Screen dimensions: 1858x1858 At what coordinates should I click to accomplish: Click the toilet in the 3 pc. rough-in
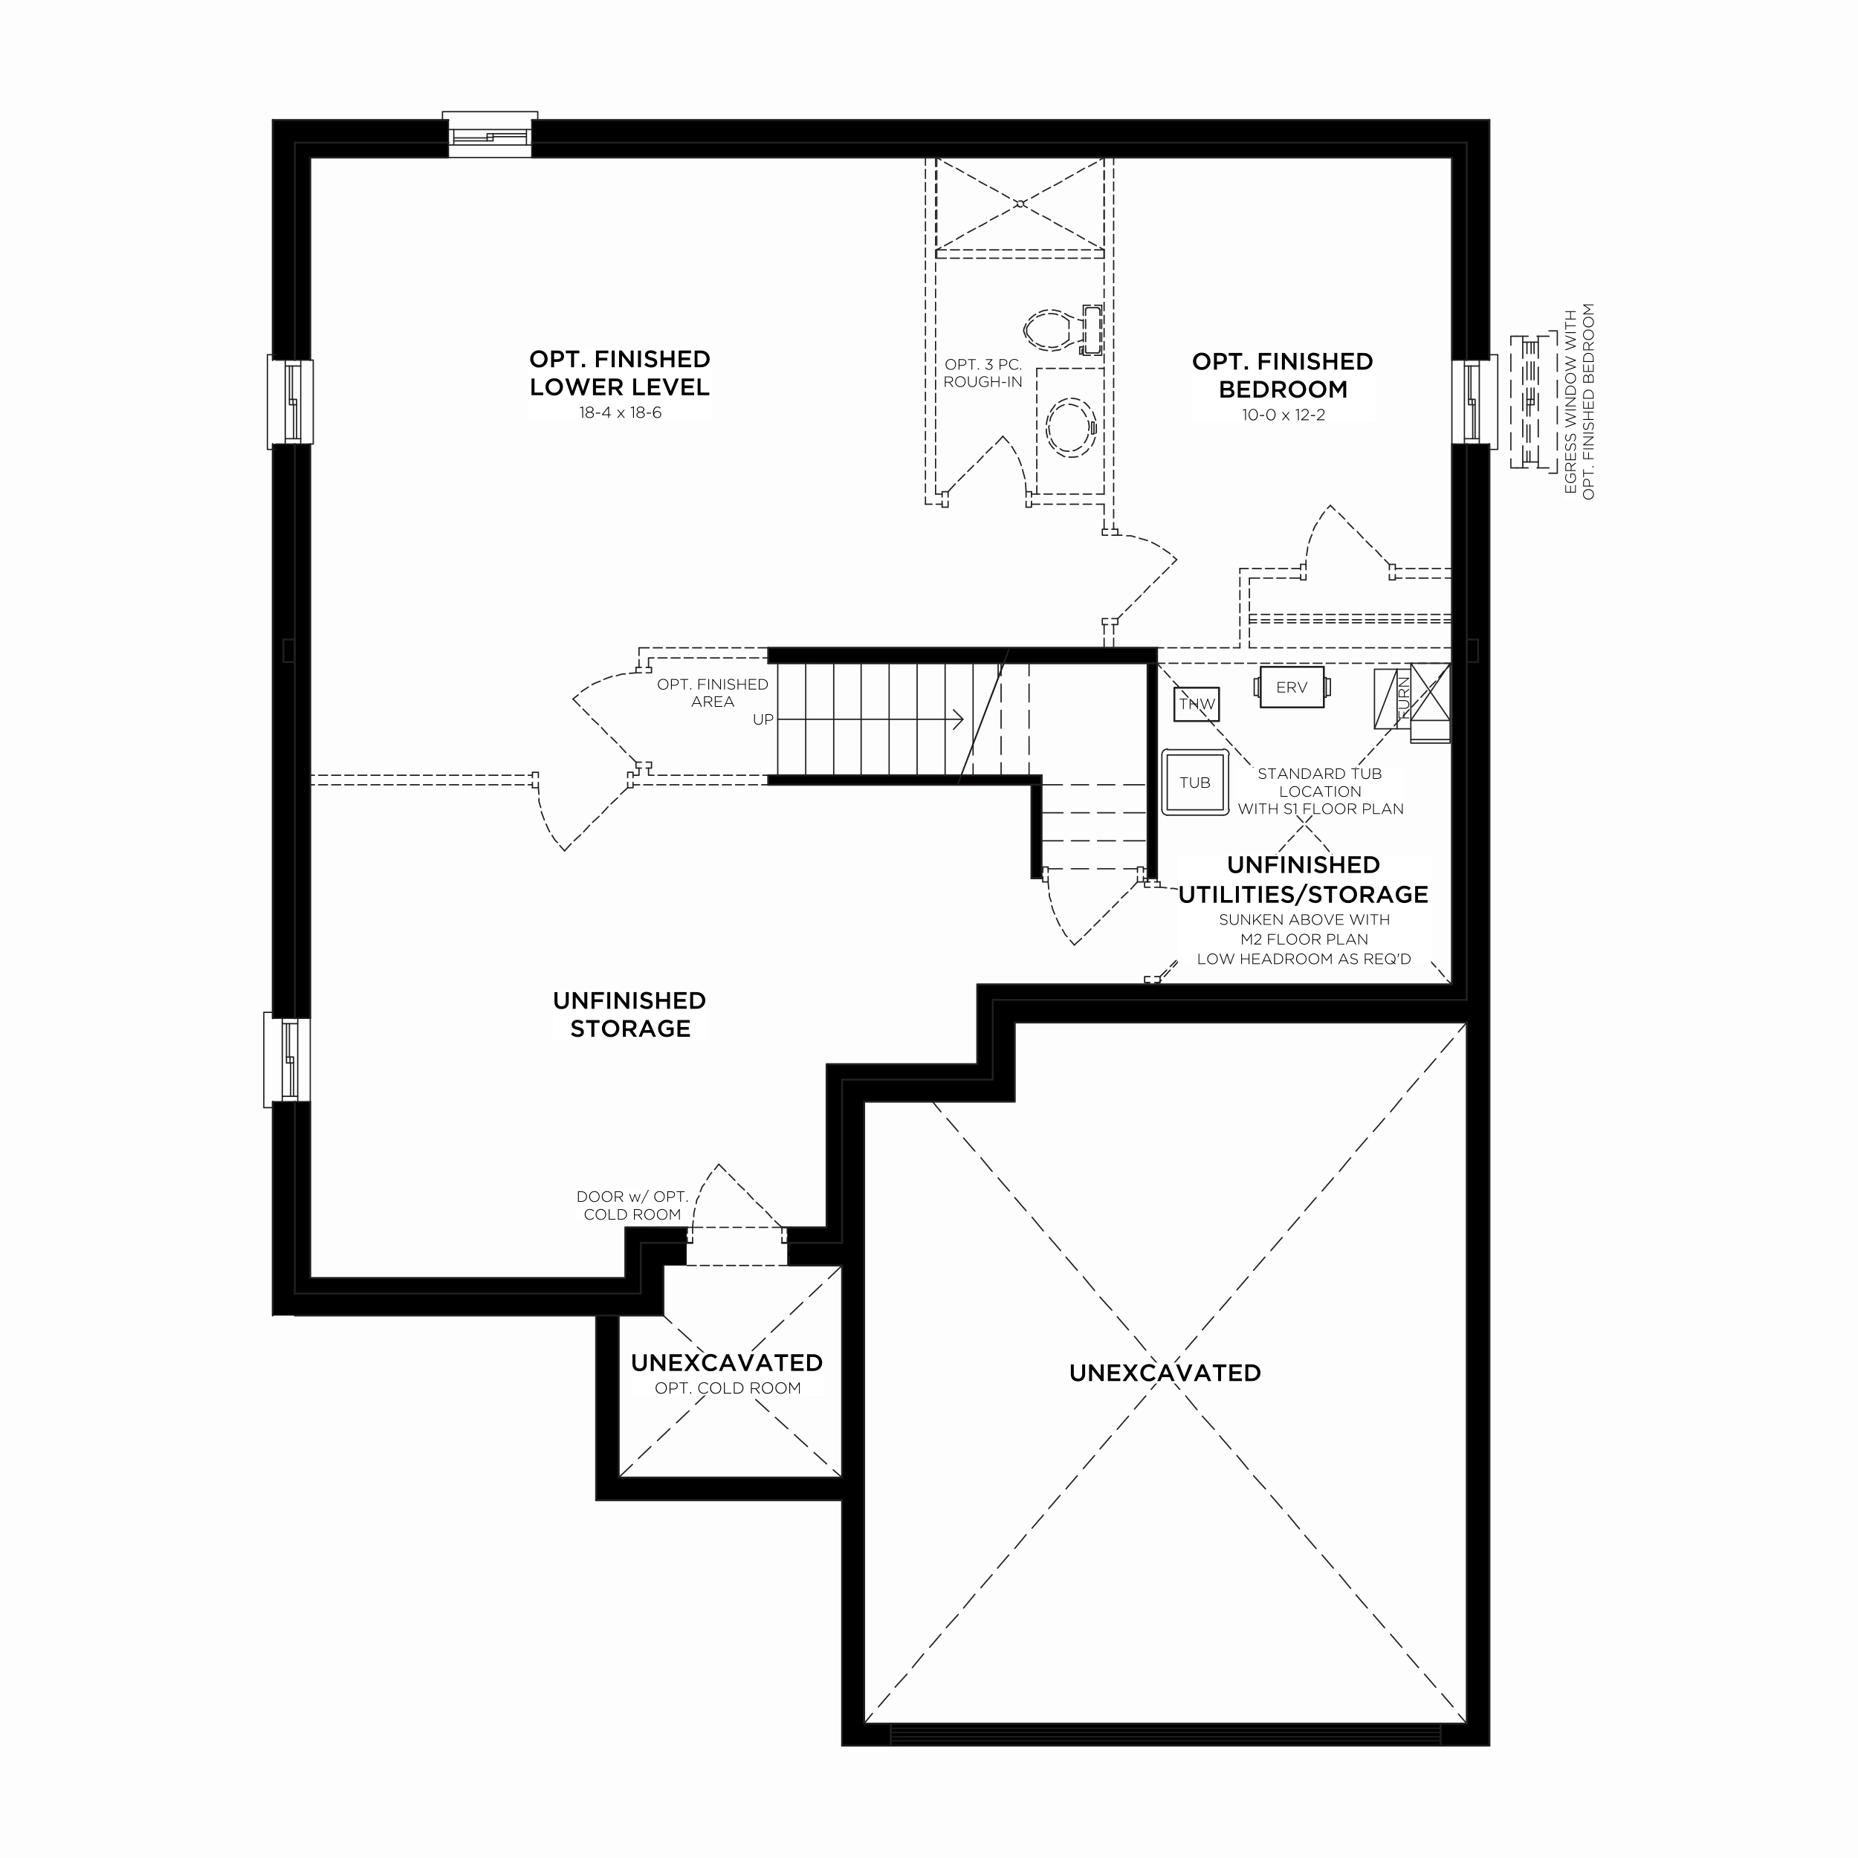click(x=1062, y=330)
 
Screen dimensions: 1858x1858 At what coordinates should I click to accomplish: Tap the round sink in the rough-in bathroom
click(x=1070, y=428)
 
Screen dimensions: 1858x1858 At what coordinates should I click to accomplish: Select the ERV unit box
click(x=1292, y=687)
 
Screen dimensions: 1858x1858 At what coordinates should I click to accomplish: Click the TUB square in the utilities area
click(x=1194, y=782)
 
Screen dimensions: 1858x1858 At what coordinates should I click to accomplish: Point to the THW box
click(x=1197, y=704)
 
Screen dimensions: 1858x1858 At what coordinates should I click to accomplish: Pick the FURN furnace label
click(x=1403, y=698)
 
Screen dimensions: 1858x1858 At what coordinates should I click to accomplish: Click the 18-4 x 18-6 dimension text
click(x=619, y=412)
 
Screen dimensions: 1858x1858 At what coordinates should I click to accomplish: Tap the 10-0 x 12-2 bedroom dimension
click(x=1283, y=415)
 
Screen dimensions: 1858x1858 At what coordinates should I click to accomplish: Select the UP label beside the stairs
click(x=763, y=719)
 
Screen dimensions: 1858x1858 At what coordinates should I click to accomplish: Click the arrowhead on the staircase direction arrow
click(x=959, y=719)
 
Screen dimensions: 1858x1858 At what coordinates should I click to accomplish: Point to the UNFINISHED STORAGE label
click(x=630, y=1014)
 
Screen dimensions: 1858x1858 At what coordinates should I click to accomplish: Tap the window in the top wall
click(x=490, y=135)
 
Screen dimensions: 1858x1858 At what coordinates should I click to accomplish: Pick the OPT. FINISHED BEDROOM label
click(x=1283, y=375)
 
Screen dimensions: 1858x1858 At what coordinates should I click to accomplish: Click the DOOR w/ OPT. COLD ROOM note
click(x=632, y=1205)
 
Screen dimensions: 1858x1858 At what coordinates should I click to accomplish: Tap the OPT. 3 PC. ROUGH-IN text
click(x=983, y=373)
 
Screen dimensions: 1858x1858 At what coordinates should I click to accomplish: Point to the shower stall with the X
click(x=1020, y=205)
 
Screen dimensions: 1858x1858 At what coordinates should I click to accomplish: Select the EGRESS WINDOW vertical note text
click(x=1579, y=401)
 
